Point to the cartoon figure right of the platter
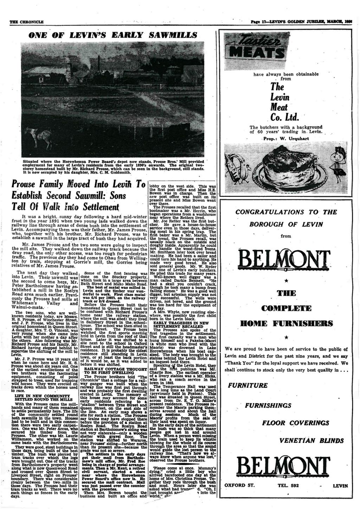pos(340,164)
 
